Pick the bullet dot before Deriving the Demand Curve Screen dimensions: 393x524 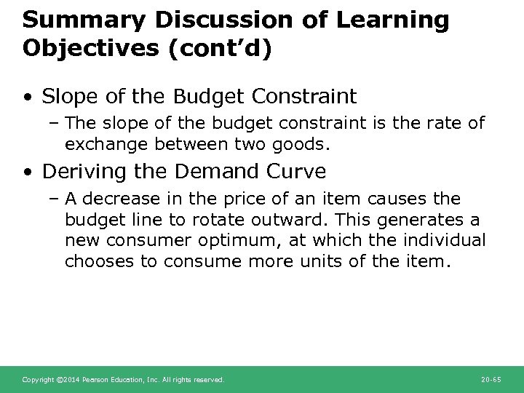(27, 172)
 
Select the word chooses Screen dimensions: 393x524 (100, 261)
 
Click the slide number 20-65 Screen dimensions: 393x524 (492, 380)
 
